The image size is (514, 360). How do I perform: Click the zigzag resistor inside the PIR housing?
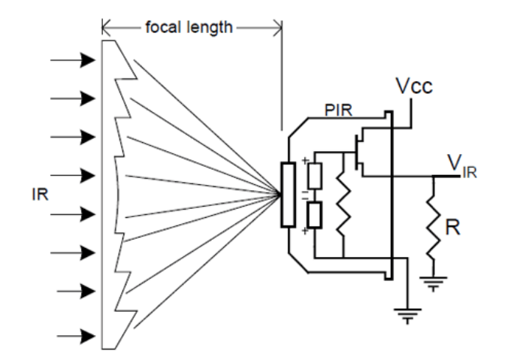343,206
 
